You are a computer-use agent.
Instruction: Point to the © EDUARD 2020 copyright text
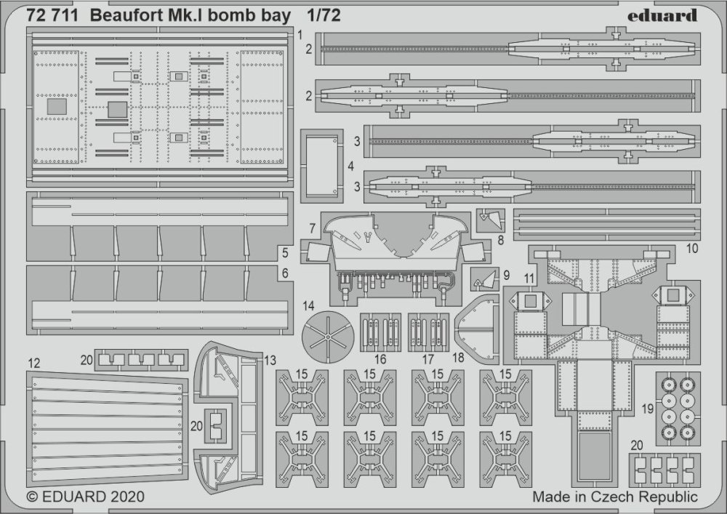[86, 497]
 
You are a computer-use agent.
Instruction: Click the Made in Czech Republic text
[614, 497]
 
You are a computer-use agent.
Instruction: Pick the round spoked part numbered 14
[328, 338]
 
